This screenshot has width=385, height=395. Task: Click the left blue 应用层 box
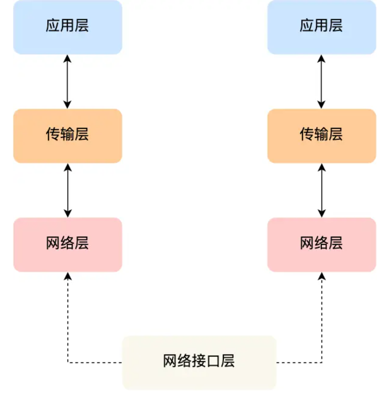(x=67, y=27)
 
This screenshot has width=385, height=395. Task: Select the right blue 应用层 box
(x=321, y=27)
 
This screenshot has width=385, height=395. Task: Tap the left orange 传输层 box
(x=67, y=136)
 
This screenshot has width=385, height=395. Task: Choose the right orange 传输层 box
(x=321, y=136)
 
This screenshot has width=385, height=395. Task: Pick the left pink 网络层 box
(x=67, y=244)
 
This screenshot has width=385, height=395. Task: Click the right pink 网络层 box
(x=321, y=244)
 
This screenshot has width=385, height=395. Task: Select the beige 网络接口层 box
(x=199, y=362)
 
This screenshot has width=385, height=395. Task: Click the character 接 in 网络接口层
(x=199, y=361)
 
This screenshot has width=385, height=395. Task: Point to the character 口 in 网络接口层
(x=214, y=361)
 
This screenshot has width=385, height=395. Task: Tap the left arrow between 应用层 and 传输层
(x=67, y=81)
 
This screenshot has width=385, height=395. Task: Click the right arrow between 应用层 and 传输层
(x=321, y=81)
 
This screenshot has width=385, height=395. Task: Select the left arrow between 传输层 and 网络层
(x=67, y=190)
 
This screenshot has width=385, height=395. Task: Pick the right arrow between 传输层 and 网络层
(x=321, y=190)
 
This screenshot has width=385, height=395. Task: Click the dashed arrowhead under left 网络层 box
(x=68, y=276)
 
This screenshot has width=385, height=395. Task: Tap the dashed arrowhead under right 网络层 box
(x=322, y=276)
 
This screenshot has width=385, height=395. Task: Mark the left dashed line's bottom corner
(x=68, y=362)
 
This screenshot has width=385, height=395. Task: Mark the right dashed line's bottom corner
(x=322, y=362)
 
